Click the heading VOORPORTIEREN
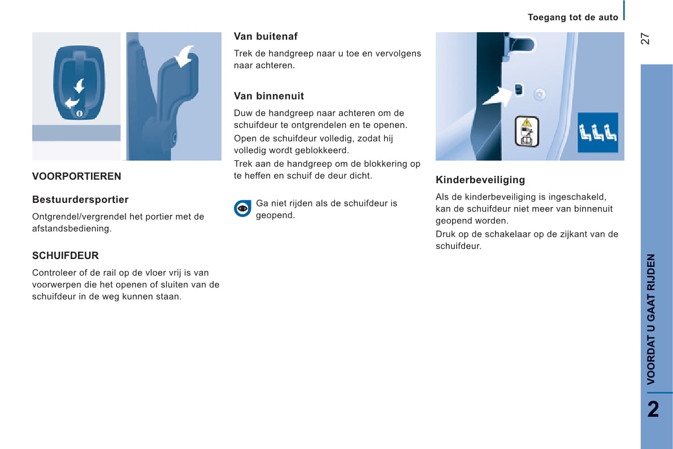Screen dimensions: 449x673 coord(76,176)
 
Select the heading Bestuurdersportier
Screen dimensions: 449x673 coord(80,200)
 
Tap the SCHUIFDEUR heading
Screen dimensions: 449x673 coord(65,256)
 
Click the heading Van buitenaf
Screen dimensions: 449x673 coord(266,37)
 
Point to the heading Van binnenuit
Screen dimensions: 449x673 coord(269,96)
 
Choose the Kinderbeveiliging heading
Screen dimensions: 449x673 coord(480,180)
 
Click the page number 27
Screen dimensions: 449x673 coord(645,38)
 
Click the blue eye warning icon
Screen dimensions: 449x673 coord(242,209)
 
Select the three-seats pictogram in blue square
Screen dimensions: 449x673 coord(597,133)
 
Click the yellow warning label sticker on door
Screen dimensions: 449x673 coord(527,131)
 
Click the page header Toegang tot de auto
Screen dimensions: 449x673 coord(573,18)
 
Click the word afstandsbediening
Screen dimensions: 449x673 coord(72,229)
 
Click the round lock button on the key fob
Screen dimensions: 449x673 coord(79,113)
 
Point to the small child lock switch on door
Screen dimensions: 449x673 coord(519,90)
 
